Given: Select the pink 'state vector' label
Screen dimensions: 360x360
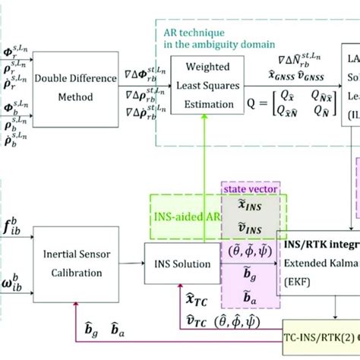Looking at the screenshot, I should pyautogui.click(x=248, y=187).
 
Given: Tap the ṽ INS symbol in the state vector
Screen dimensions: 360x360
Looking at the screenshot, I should pyautogui.click(x=247, y=226).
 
